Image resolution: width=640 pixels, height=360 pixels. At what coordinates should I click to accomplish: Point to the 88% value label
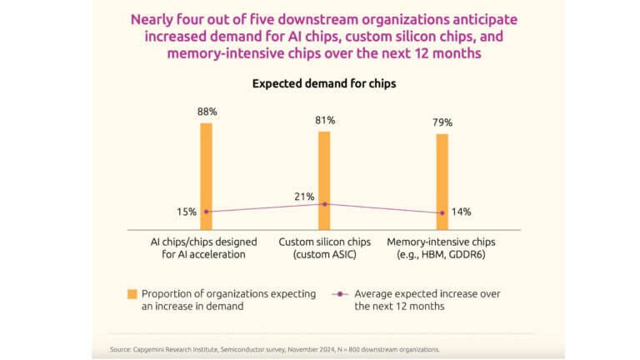click(206, 111)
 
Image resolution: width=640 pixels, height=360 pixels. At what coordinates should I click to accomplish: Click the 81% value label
click(324, 120)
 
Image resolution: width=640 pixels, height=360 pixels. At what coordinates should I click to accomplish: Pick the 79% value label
click(442, 122)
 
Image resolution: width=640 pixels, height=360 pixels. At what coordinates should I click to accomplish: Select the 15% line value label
click(187, 212)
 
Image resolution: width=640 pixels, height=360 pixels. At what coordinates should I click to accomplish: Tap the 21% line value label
click(304, 197)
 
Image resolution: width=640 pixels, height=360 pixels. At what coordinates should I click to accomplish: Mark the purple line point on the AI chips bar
click(206, 212)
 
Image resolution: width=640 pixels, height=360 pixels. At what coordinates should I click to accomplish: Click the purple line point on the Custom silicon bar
click(324, 204)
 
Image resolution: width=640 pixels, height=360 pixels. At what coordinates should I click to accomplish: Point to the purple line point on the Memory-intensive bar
click(442, 212)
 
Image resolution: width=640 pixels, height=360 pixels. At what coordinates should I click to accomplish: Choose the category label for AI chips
click(204, 247)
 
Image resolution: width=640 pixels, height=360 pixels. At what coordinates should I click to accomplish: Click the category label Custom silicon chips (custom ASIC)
click(323, 247)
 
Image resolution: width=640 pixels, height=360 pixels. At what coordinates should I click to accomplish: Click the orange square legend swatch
click(132, 294)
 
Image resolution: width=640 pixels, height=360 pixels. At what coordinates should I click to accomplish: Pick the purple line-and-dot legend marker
click(339, 294)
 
